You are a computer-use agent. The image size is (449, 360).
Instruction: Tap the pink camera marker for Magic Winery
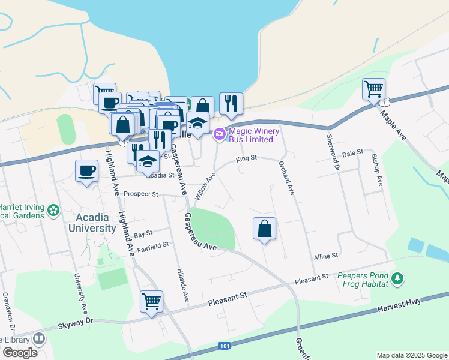pyautogui.click(x=220, y=133)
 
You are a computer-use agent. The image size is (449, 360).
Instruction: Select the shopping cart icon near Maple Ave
pyautogui.click(x=373, y=89)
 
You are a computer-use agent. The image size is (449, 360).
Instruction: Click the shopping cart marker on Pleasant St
pyautogui.click(x=151, y=301)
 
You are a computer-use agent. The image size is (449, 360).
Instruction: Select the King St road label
pyautogui.click(x=246, y=158)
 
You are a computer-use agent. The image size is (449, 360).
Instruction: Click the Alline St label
pyautogui.click(x=326, y=256)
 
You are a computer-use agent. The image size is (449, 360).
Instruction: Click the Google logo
pyautogui.click(x=20, y=352)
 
